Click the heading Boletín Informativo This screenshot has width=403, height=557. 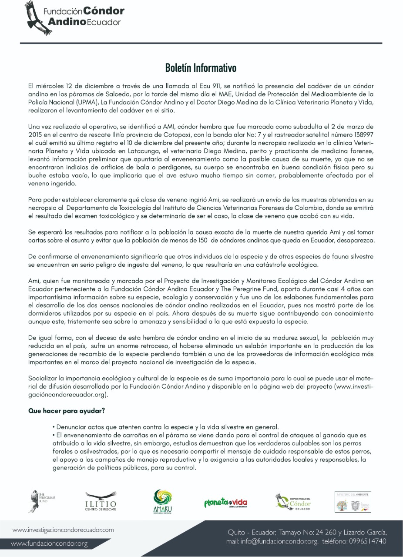[x=201, y=68]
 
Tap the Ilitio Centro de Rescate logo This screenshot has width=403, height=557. [x=101, y=500]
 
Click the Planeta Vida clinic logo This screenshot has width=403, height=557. [x=225, y=503]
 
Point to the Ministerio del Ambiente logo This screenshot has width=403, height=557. [x=353, y=501]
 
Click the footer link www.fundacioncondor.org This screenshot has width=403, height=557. [x=49, y=544]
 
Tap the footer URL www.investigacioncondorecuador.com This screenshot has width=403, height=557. [x=63, y=530]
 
